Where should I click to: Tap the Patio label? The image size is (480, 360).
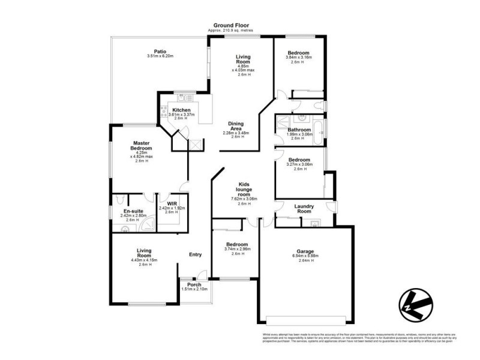pos(160,52)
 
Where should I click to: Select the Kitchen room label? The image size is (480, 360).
pos(182,110)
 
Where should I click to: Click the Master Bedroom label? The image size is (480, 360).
pos(142,146)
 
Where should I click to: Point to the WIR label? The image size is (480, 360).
pos(172,203)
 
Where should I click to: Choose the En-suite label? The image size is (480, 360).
pos(133,211)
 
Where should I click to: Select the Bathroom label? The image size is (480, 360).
pos(299,130)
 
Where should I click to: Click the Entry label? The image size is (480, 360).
pos(196,254)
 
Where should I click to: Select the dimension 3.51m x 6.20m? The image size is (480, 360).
pos(160,56)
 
